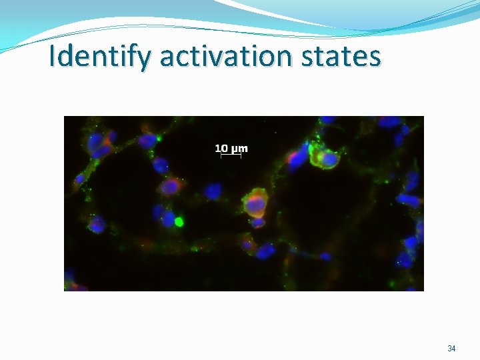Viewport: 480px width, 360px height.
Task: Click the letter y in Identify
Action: (x=147, y=59)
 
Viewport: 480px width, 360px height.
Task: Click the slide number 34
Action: (x=451, y=349)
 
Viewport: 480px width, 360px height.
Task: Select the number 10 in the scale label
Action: (x=221, y=148)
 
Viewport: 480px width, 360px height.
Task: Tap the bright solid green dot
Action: (x=179, y=221)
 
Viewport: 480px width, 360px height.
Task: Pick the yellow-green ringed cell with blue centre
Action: (x=327, y=159)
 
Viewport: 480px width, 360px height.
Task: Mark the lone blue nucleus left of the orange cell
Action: (x=213, y=192)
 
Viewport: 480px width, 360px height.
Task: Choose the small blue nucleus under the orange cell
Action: (x=258, y=223)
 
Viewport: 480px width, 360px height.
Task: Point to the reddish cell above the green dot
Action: (x=171, y=187)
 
